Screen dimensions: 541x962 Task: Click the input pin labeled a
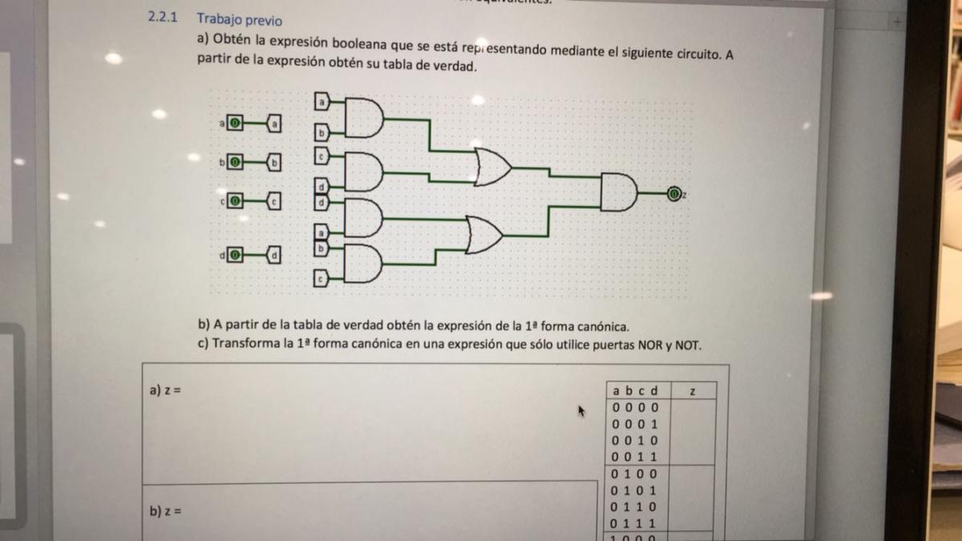(234, 123)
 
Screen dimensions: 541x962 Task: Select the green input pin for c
(234, 201)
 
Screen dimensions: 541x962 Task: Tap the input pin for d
(234, 255)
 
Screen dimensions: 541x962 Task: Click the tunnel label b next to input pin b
(274, 163)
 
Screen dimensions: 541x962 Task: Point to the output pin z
(674, 193)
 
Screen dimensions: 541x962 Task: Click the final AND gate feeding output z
(618, 192)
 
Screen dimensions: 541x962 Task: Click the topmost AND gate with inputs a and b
(363, 118)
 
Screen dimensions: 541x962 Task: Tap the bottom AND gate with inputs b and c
(363, 264)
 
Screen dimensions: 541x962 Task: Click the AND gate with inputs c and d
(363, 172)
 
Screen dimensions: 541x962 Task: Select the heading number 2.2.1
(164, 17)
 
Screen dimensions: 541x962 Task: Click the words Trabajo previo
(239, 20)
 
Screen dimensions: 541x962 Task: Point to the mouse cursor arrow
(582, 410)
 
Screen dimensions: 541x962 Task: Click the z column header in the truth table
(692, 390)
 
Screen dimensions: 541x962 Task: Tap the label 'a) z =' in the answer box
(167, 390)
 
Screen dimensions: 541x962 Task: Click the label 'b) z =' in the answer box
(167, 511)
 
